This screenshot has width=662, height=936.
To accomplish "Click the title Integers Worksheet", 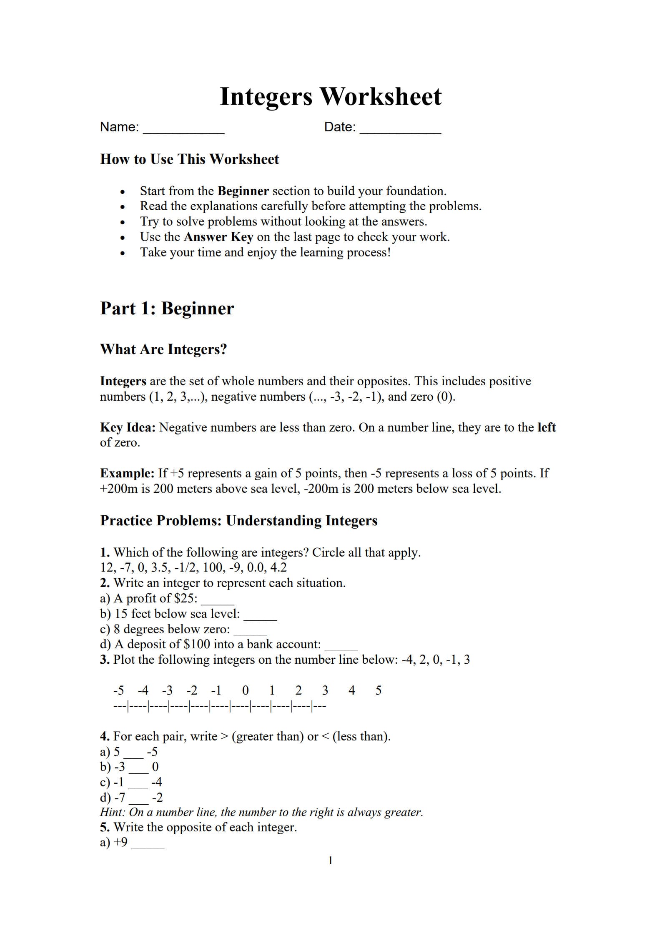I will tap(330, 97).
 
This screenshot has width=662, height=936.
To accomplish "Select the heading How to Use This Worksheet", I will tap(189, 159).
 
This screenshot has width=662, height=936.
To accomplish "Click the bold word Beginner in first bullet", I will tap(243, 191).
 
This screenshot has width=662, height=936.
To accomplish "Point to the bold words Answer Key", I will tap(218, 237).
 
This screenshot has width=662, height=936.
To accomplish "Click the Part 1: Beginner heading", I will tap(167, 309).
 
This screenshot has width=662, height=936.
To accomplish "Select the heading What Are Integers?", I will tap(163, 349).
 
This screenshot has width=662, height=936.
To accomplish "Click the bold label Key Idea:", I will tap(128, 427).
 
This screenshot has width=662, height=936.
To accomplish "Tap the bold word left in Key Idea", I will tap(547, 427).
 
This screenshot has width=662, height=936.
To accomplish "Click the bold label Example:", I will tap(128, 473).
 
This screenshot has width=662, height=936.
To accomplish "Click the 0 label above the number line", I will tap(246, 690).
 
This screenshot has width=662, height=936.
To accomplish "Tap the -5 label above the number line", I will tap(118, 690).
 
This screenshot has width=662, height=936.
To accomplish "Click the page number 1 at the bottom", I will tap(331, 861).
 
